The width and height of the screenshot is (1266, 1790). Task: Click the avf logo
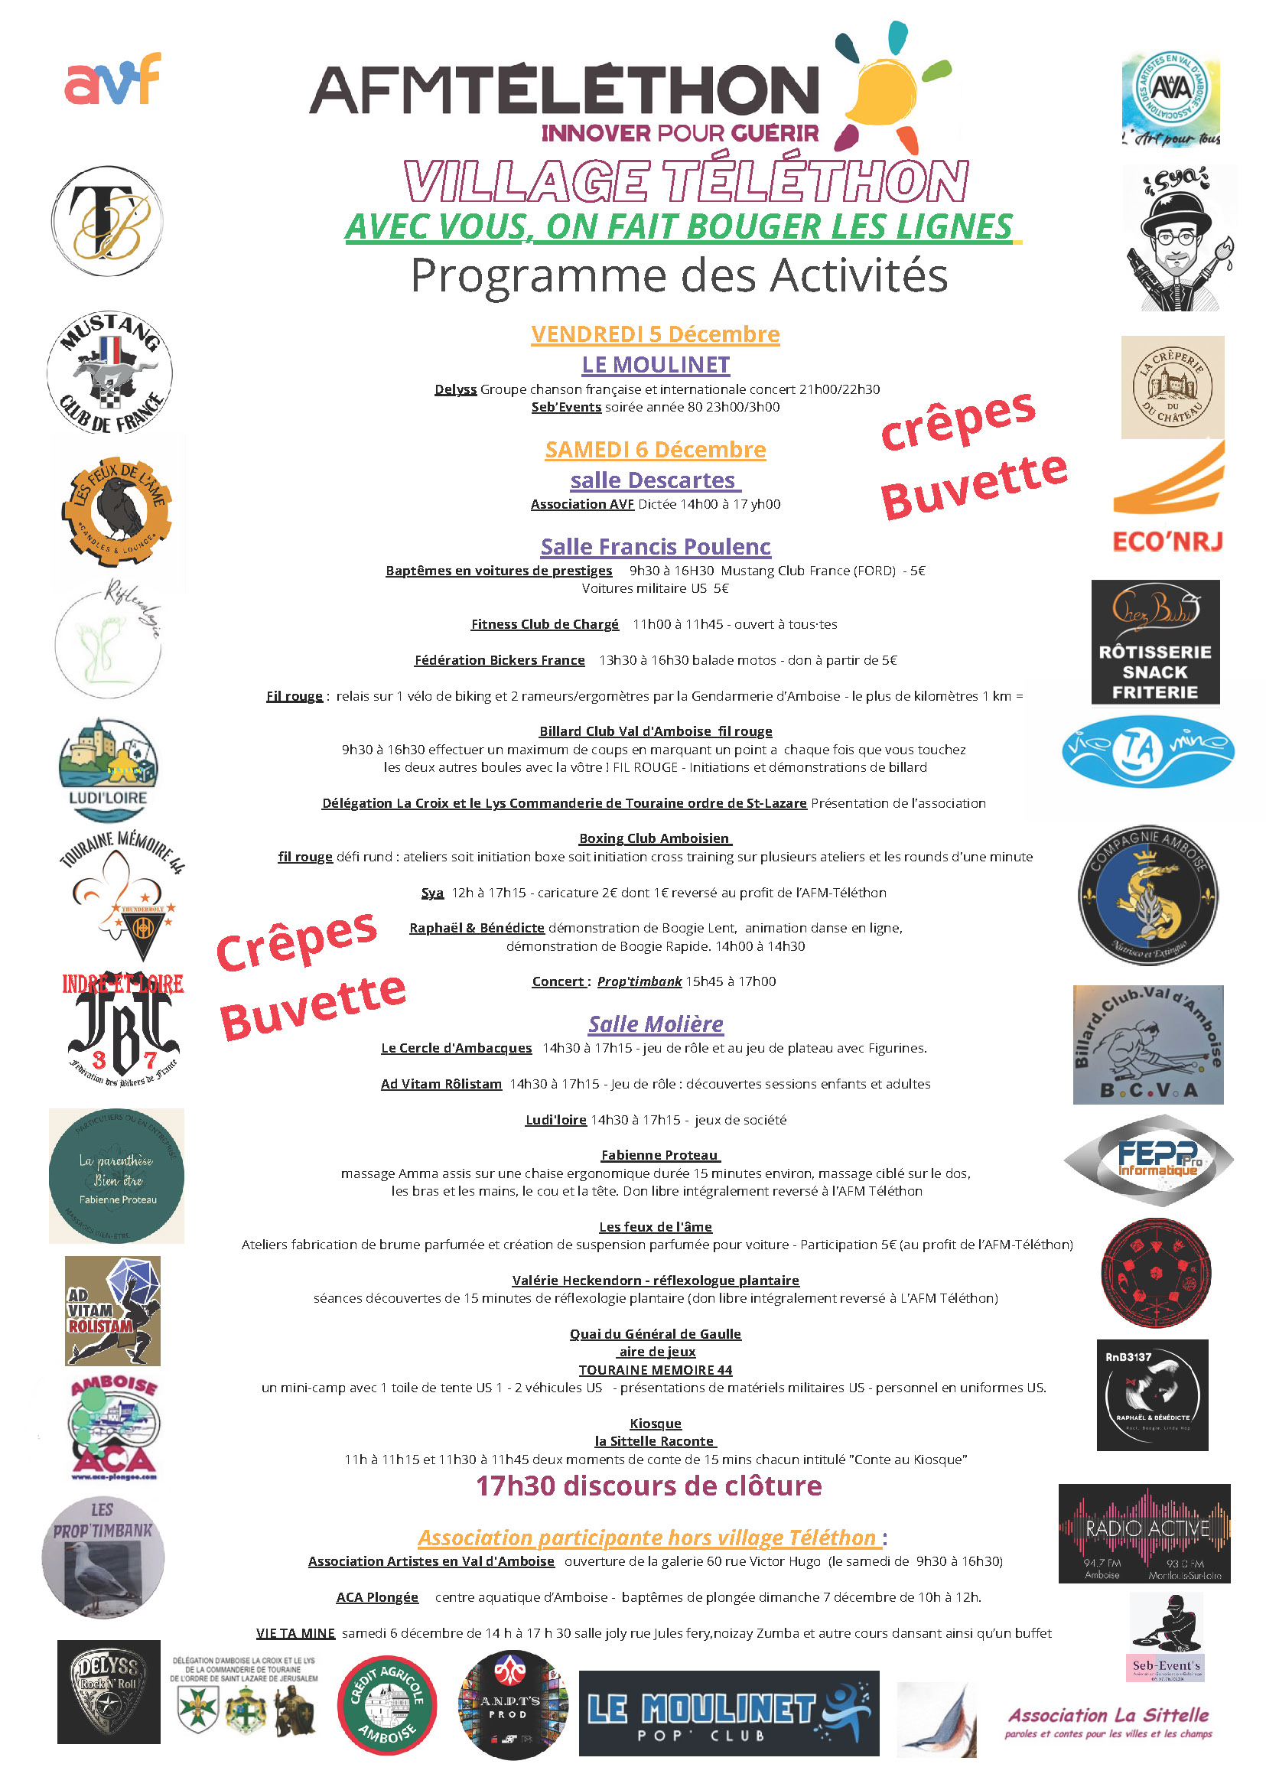(x=112, y=80)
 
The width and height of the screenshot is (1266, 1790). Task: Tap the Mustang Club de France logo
(x=110, y=373)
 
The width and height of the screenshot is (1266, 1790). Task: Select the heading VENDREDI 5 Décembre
(x=655, y=334)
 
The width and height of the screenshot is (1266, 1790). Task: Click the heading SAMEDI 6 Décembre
(x=655, y=450)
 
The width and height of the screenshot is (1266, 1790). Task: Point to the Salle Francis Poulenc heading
(x=655, y=546)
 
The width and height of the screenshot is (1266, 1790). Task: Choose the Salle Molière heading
(x=655, y=1024)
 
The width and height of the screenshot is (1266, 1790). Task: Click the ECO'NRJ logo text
(x=1167, y=541)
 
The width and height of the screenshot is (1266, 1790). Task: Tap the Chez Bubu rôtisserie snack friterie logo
(x=1154, y=642)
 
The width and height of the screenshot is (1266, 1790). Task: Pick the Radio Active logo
(x=1144, y=1533)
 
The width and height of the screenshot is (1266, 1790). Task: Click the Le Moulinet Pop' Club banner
(x=728, y=1713)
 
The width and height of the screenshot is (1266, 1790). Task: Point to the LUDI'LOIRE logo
(x=108, y=770)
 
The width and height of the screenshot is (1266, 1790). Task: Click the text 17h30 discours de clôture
(x=649, y=1486)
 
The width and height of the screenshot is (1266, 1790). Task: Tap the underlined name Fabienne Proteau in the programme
(x=659, y=1154)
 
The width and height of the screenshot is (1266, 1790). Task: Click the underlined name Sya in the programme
(x=432, y=893)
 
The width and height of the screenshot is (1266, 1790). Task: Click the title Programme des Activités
(x=679, y=275)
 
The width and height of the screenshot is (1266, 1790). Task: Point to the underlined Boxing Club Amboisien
(x=654, y=838)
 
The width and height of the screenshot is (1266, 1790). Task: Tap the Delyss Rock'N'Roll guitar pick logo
(x=109, y=1691)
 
